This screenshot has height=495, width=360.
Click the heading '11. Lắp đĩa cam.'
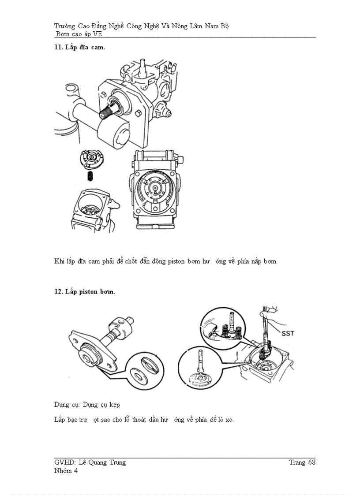pyautogui.click(x=79, y=48)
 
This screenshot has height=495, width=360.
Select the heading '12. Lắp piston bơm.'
pyautogui.click(x=84, y=292)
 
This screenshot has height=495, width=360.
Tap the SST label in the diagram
pyautogui.click(x=288, y=334)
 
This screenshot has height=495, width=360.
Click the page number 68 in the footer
pyautogui.click(x=311, y=462)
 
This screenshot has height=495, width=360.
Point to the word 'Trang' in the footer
pyautogui.click(x=297, y=462)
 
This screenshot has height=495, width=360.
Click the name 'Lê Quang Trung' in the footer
pyautogui.click(x=102, y=462)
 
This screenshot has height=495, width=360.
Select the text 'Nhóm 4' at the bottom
pyautogui.click(x=66, y=471)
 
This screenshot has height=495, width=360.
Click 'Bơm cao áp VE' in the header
pyautogui.click(x=79, y=34)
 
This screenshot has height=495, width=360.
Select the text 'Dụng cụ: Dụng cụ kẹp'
pyautogui.click(x=87, y=405)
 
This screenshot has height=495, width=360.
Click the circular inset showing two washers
pyautogui.click(x=143, y=370)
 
